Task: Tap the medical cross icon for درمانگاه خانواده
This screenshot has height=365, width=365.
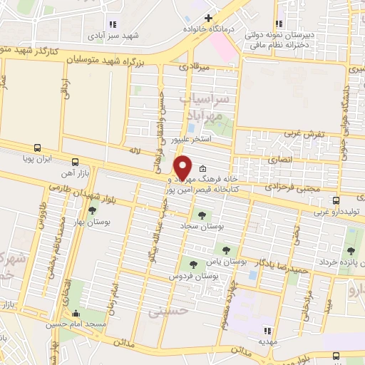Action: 208,18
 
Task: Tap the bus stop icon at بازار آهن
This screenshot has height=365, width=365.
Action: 76,161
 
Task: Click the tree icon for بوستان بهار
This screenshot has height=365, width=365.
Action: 93,210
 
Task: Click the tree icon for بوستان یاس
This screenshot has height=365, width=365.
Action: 226,250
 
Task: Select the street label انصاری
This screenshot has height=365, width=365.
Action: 279,161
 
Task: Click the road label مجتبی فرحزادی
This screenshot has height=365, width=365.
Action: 279,186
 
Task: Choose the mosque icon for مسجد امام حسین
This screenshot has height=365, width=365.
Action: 76,312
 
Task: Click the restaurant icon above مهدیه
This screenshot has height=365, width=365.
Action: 267,330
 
